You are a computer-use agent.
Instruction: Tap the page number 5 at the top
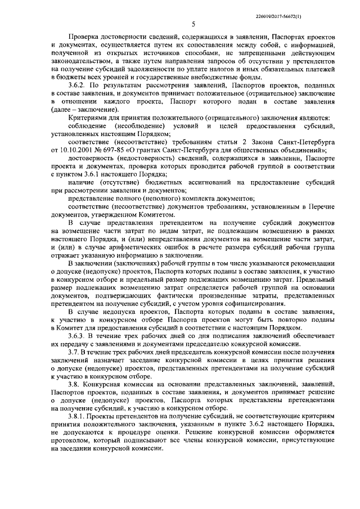point(193,24)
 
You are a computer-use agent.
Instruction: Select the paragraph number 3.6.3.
point(77,336)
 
